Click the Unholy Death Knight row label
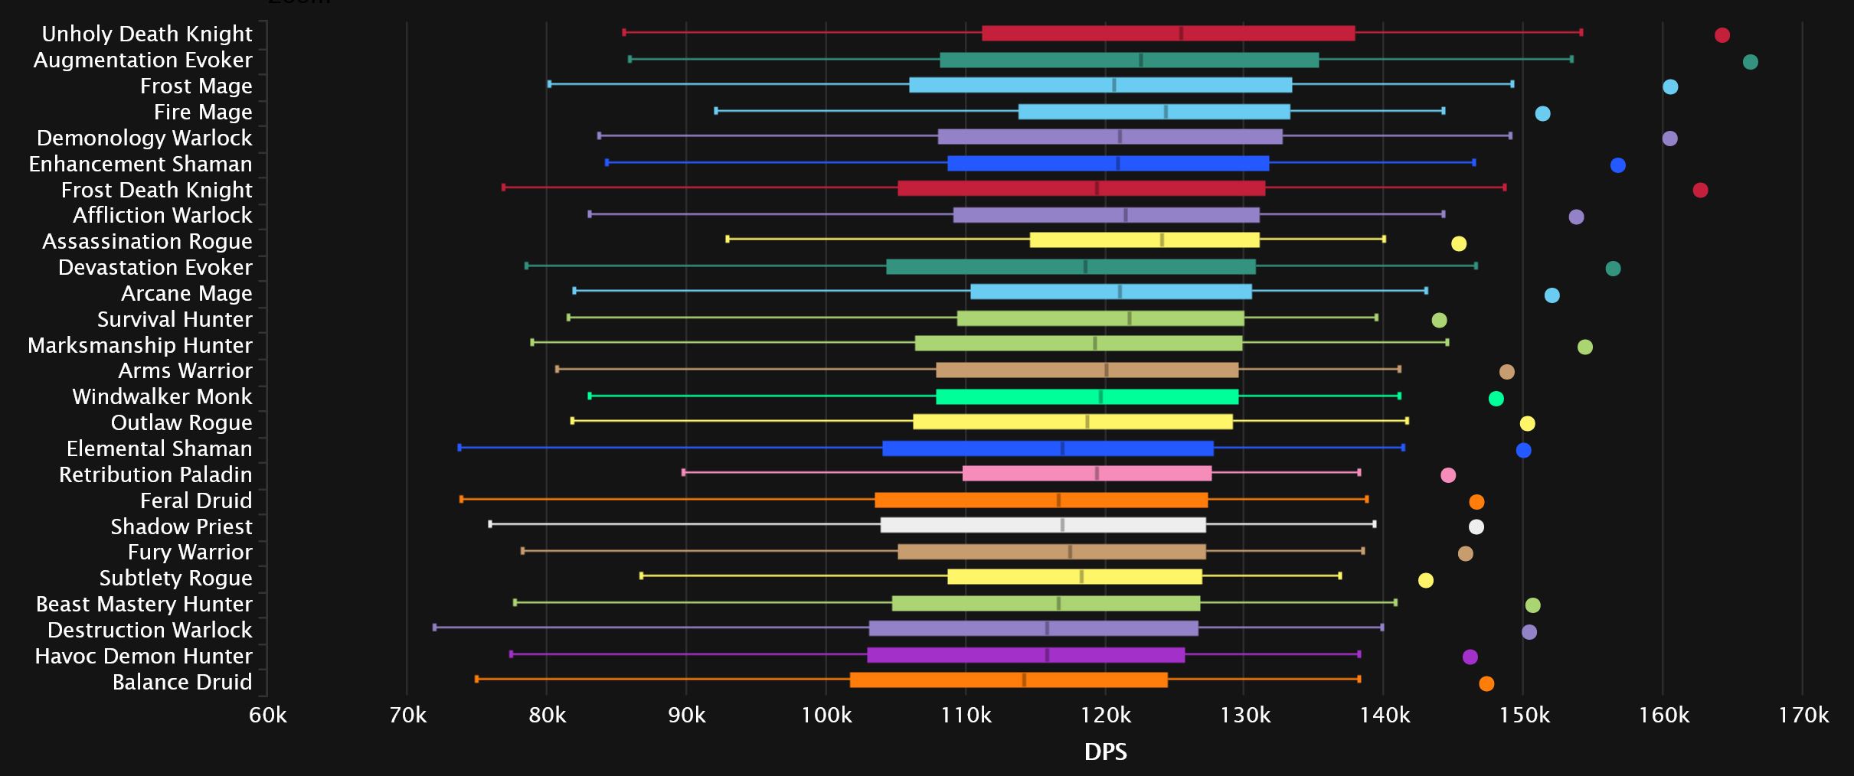click(x=146, y=34)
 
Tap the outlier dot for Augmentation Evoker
click(x=1750, y=62)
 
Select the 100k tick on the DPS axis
click(x=826, y=716)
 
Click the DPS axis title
click(x=1105, y=752)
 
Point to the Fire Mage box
click(x=1154, y=112)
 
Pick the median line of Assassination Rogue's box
click(x=1162, y=240)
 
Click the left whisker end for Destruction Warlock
click(x=435, y=628)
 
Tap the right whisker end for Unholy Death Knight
click(x=1581, y=32)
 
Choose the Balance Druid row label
click(x=181, y=683)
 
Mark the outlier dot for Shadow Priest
click(x=1476, y=527)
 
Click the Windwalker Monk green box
click(x=1087, y=396)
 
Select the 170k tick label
click(x=1803, y=716)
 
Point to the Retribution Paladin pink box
click(x=1087, y=474)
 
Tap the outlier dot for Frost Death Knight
click(x=1700, y=190)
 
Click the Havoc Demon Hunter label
click(x=143, y=657)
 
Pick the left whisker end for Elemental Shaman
click(x=459, y=448)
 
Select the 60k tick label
click(x=267, y=716)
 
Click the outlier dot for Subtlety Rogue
click(x=1425, y=580)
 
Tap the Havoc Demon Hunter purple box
click(x=1025, y=655)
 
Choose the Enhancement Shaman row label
click(x=140, y=165)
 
